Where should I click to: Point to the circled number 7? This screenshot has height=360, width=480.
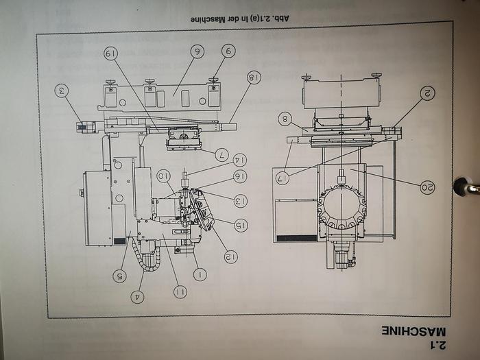[222, 154]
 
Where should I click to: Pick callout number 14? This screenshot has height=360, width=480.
[240, 160]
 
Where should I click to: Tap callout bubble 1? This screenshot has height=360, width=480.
[200, 275]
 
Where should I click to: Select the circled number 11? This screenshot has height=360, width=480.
[180, 292]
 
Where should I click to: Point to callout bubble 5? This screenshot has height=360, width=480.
[121, 276]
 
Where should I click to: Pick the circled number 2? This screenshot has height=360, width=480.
[427, 93]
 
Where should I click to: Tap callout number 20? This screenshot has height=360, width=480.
[427, 187]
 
